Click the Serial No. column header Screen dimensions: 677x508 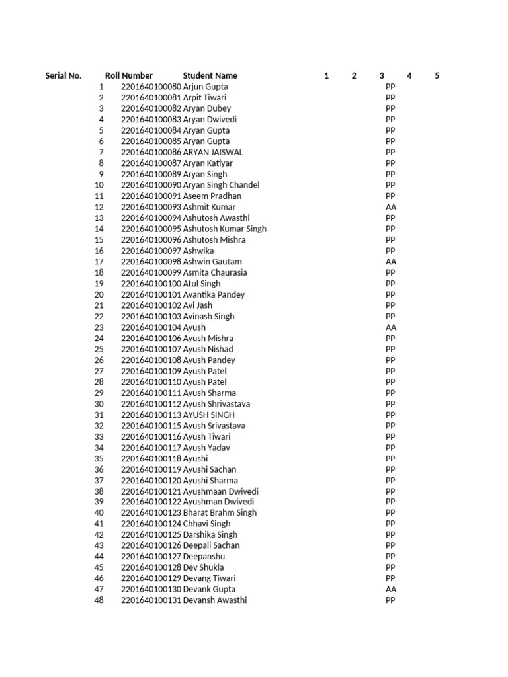tap(63, 76)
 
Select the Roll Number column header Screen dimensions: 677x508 tap(128, 76)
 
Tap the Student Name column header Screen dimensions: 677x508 tap(210, 76)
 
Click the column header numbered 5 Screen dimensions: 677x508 tap(437, 76)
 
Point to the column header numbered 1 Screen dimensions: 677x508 tap(327, 76)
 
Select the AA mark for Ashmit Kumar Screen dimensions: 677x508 tap(390, 207)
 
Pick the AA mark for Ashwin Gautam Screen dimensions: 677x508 tap(390, 262)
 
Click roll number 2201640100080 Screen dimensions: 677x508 tap(151, 87)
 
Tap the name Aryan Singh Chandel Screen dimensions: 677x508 tap(221, 185)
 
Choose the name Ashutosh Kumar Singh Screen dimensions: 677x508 tap(225, 229)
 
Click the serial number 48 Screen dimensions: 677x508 tap(99, 600)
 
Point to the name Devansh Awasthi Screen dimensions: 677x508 tap(216, 600)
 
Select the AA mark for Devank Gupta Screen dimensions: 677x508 tap(390, 589)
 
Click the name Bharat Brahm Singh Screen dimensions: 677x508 tap(220, 512)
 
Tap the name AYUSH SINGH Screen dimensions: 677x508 tap(208, 415)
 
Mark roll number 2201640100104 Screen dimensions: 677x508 tap(151, 327)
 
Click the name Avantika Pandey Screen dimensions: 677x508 tap(214, 294)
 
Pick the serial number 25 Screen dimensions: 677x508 tap(99, 349)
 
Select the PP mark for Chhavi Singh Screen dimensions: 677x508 tap(390, 524)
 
